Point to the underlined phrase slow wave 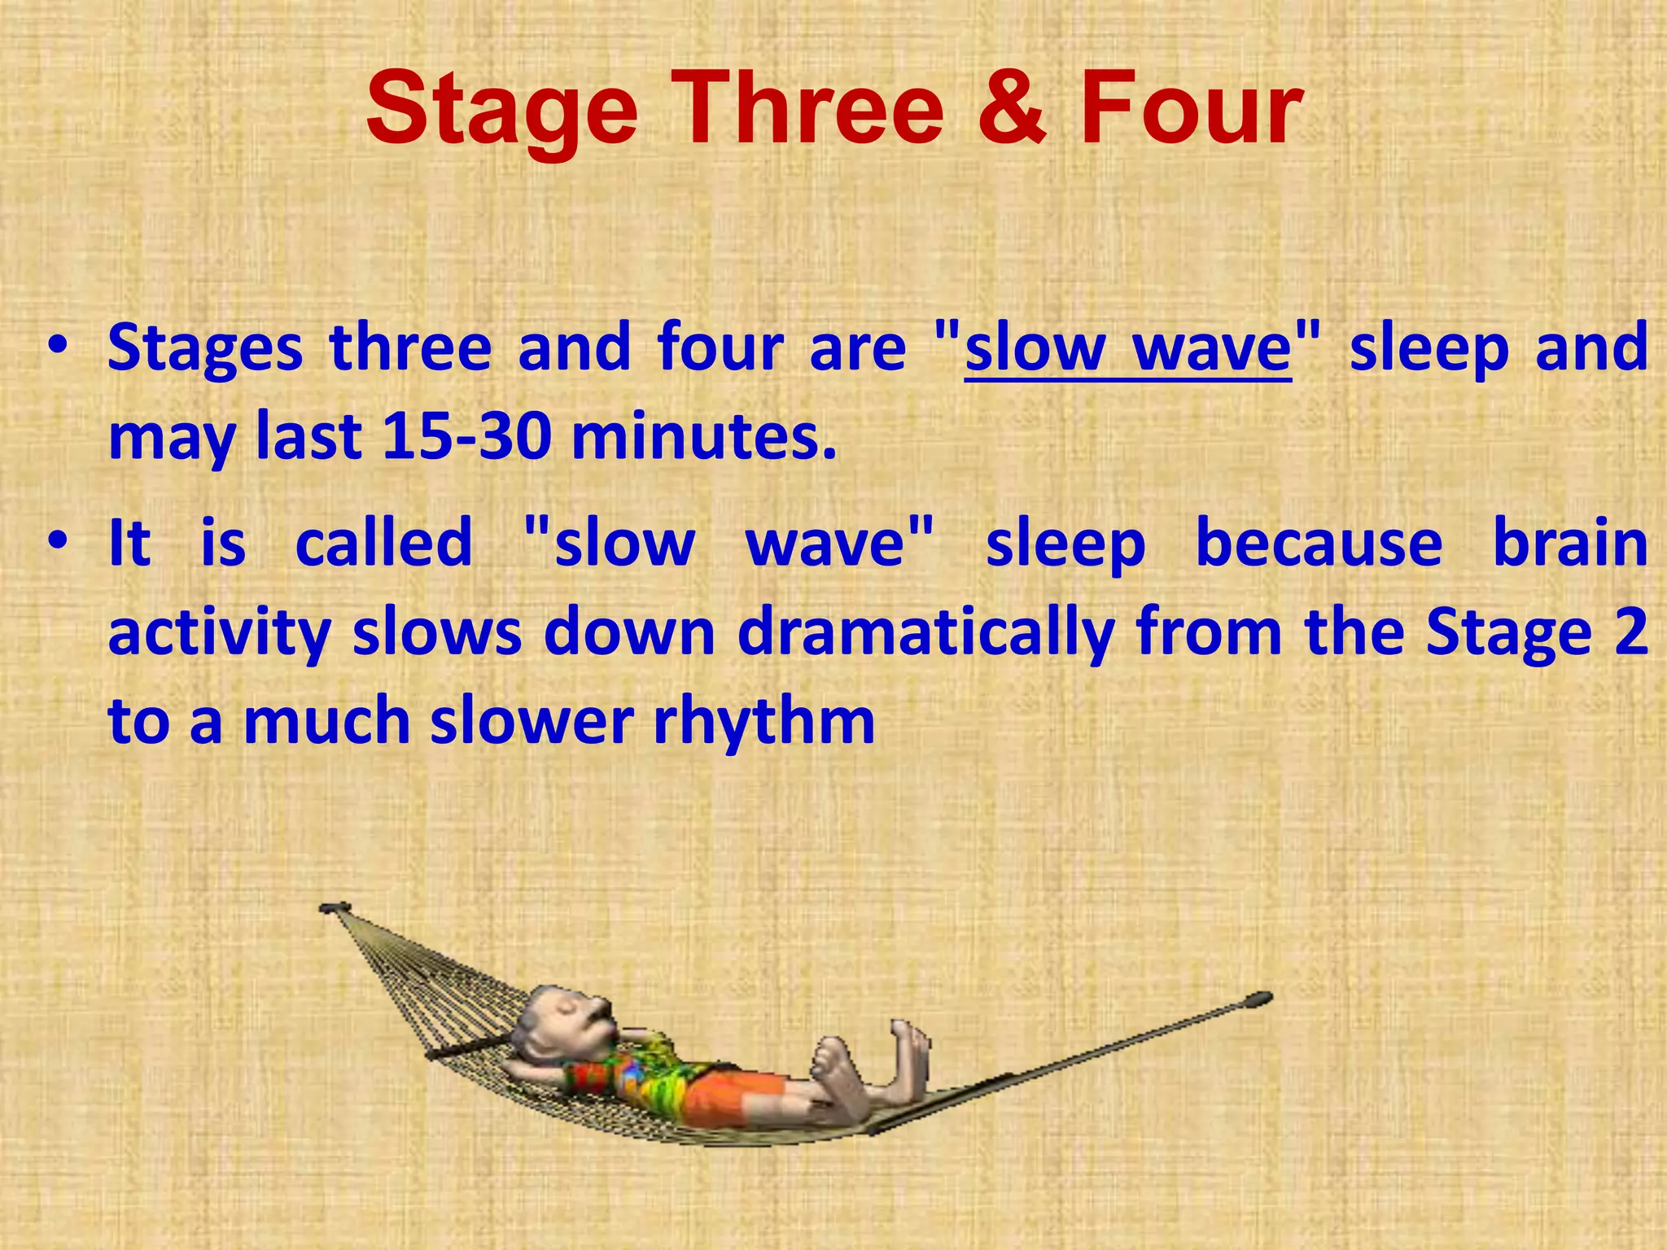click(x=1127, y=348)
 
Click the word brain click(x=1570, y=543)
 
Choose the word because click(x=1319, y=543)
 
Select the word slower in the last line click(x=532, y=721)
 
